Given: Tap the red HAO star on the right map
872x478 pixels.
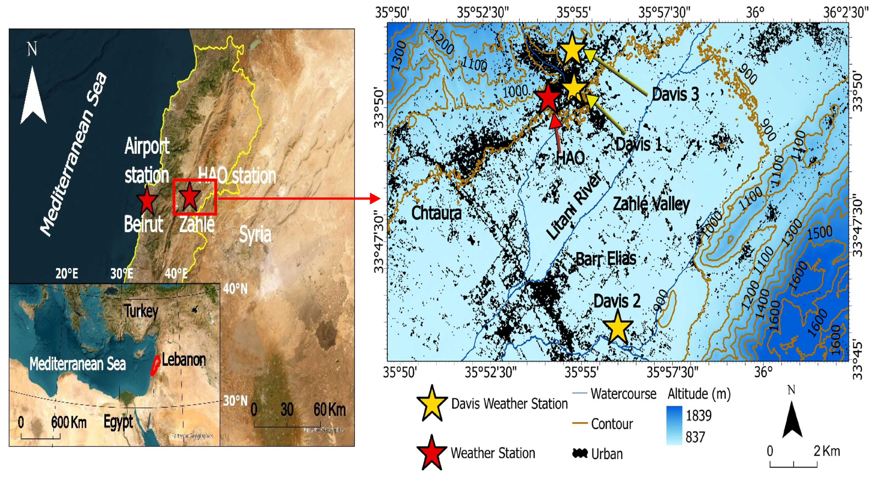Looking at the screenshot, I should pyautogui.click(x=547, y=98).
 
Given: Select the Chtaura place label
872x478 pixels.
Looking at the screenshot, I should pyautogui.click(x=436, y=213).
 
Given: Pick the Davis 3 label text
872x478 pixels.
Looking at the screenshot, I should pyautogui.click(x=675, y=94).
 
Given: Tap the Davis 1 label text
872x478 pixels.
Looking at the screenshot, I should pyautogui.click(x=638, y=145).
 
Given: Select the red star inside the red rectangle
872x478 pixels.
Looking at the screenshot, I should pyautogui.click(x=190, y=196).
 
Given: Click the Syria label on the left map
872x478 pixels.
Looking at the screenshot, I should pyautogui.click(x=255, y=234).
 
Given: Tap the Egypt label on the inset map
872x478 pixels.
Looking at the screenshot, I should pyautogui.click(x=118, y=422).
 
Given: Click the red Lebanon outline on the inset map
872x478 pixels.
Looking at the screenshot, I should pyautogui.click(x=155, y=365).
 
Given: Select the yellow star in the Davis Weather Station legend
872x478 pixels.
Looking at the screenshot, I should pyautogui.click(x=432, y=404).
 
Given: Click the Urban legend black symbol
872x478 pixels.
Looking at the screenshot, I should pyautogui.click(x=580, y=453).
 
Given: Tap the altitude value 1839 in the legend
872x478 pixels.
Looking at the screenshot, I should pyautogui.click(x=699, y=415).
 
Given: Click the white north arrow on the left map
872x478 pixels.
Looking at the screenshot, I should pyautogui.click(x=33, y=97).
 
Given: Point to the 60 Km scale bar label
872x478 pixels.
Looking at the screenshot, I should pyautogui.click(x=329, y=409).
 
